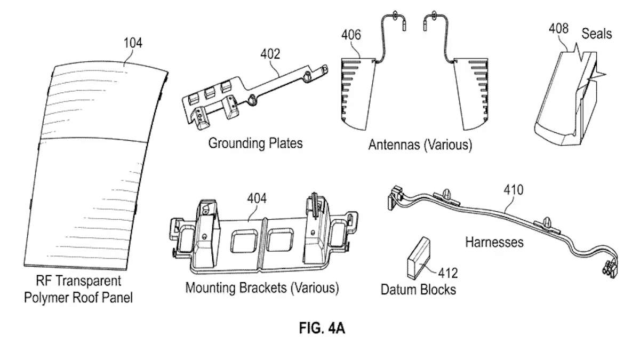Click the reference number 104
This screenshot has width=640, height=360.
133,43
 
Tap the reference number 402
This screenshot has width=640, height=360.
270,53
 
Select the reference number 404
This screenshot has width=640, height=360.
257,199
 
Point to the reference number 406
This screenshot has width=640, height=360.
351,36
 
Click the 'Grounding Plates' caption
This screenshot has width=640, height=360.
255,143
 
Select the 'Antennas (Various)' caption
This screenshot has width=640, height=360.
420,145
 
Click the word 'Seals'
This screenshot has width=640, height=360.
597,34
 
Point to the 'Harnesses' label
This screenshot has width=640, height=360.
494,242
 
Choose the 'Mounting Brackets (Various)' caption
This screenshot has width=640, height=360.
262,288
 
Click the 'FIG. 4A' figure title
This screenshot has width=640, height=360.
322,328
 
